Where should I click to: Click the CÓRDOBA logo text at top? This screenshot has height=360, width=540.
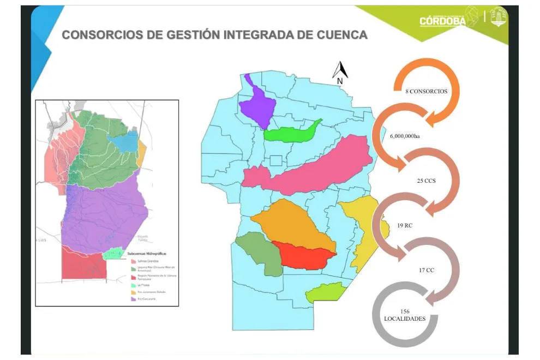(x=442, y=20)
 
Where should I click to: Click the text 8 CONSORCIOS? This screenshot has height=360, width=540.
(x=426, y=92)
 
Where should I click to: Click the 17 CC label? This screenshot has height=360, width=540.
(x=426, y=269)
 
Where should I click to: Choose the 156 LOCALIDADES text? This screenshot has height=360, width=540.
(x=405, y=315)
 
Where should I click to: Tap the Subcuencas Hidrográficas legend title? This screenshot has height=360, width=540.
(x=146, y=254)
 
